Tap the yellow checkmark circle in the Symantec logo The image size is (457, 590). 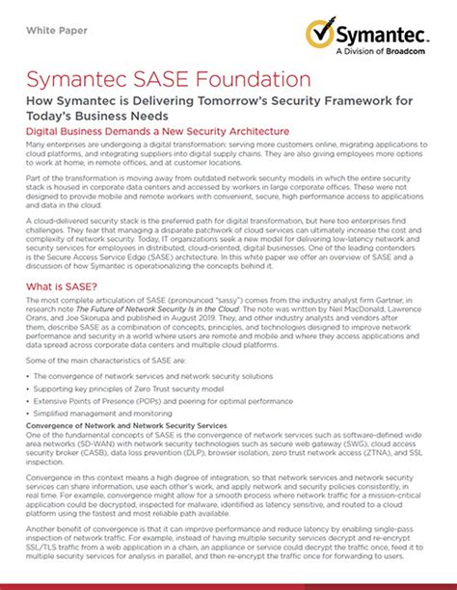[323, 35]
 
